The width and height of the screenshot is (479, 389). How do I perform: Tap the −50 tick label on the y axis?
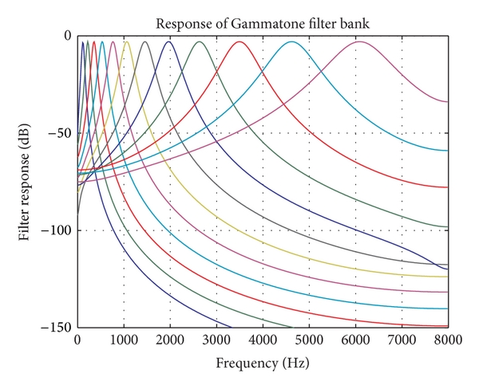click(61, 133)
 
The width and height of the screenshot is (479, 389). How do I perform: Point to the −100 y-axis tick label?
click(58, 230)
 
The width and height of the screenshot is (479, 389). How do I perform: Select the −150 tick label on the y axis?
click(58, 328)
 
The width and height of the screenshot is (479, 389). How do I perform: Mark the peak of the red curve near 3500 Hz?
click(239, 41)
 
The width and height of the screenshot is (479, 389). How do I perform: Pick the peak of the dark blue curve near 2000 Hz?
click(168, 41)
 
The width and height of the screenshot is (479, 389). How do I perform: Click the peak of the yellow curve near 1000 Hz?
click(126, 41)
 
